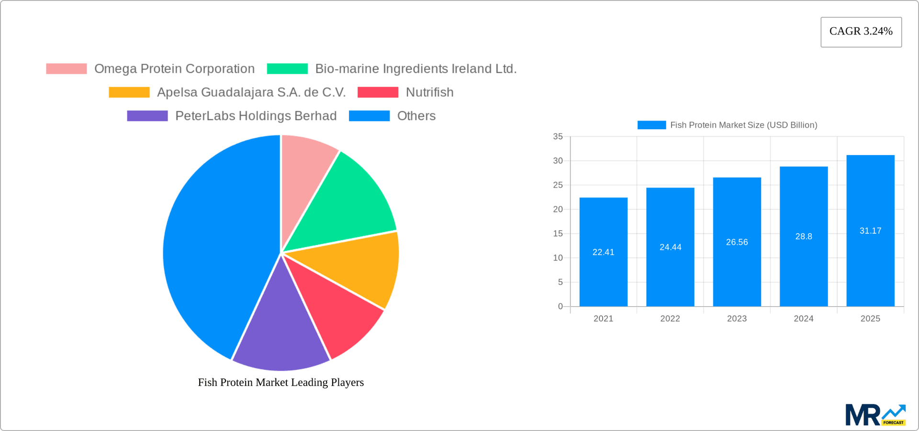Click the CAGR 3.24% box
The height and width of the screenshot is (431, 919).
(861, 32)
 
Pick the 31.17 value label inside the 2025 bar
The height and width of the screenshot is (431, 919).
(870, 231)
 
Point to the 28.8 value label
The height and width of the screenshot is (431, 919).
(803, 236)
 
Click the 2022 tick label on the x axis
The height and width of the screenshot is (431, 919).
(670, 319)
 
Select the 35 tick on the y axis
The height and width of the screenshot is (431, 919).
(558, 136)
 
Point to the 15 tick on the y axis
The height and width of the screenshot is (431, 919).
(558, 233)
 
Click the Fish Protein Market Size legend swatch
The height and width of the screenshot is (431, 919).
(651, 125)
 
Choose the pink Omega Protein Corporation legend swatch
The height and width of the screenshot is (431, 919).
(66, 69)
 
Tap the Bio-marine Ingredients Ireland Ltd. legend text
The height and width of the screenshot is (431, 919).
(415, 69)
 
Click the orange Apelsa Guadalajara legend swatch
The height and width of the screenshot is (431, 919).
(129, 92)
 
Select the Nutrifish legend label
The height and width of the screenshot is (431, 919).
(429, 92)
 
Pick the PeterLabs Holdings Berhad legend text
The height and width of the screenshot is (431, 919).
(256, 116)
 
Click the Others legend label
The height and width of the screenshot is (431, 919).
(416, 116)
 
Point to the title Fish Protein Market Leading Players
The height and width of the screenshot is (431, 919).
(280, 382)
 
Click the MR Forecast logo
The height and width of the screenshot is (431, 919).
(875, 415)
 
